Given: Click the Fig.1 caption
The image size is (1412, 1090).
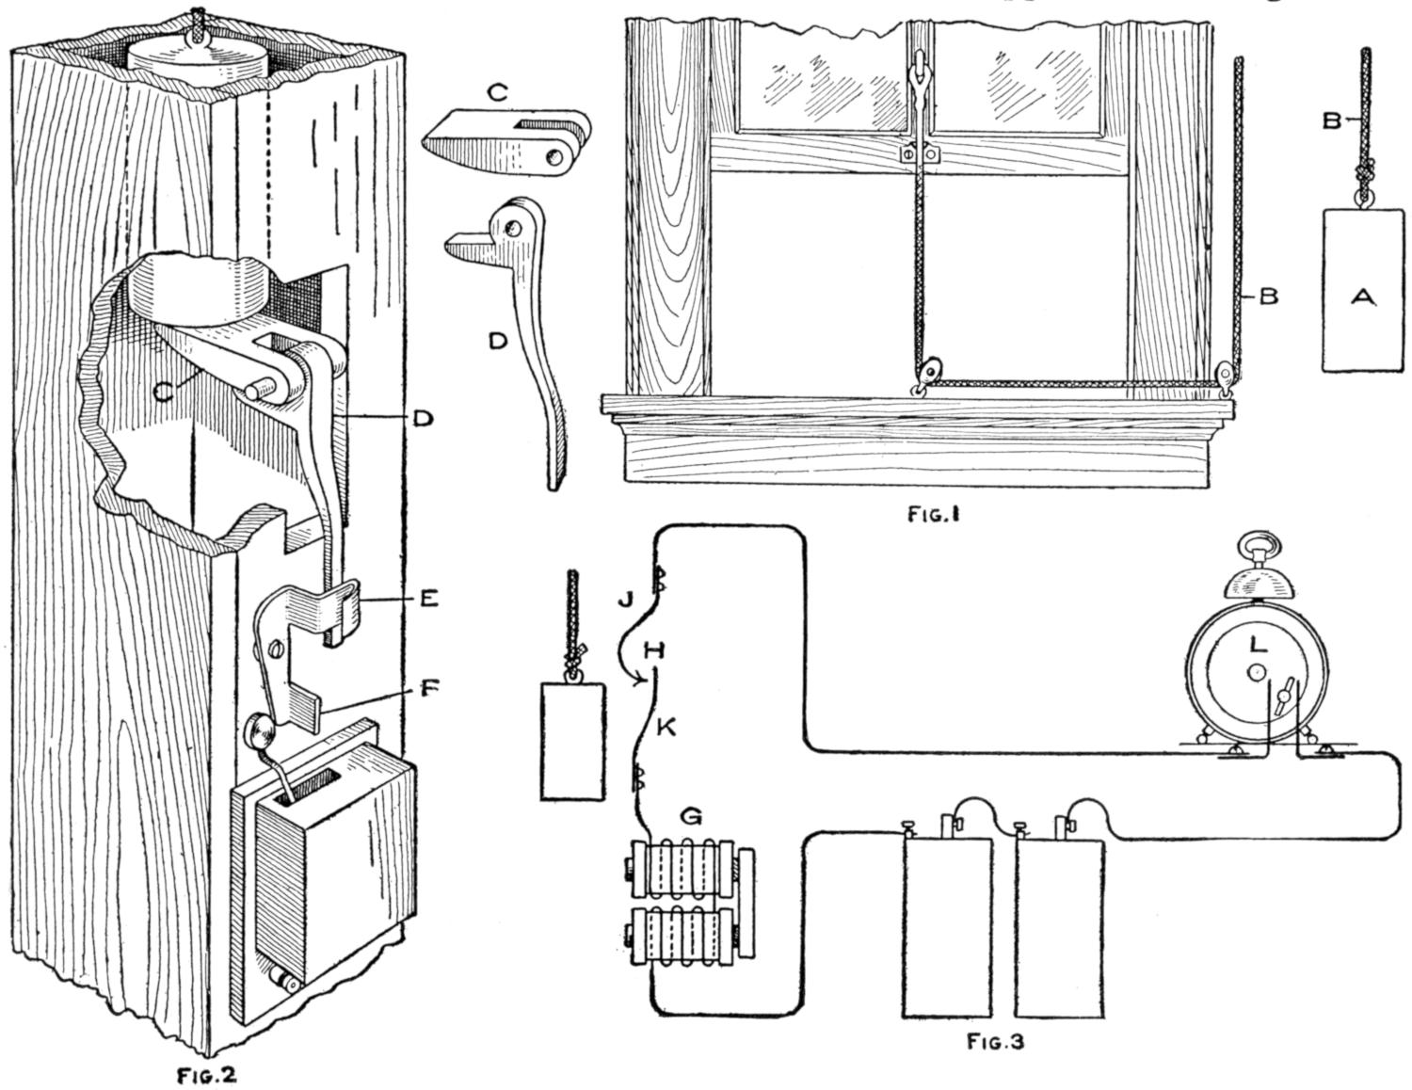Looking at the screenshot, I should click(935, 515).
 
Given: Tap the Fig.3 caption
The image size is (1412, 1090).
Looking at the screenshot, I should click(995, 1042).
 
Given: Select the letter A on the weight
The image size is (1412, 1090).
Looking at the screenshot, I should click(1362, 298).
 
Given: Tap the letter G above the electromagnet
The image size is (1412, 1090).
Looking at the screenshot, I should click(692, 817).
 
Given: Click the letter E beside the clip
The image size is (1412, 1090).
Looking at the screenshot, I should click(427, 598).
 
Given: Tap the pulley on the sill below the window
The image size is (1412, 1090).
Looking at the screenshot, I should click(929, 373).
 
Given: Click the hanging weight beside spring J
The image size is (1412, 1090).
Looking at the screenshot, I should click(571, 742).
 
